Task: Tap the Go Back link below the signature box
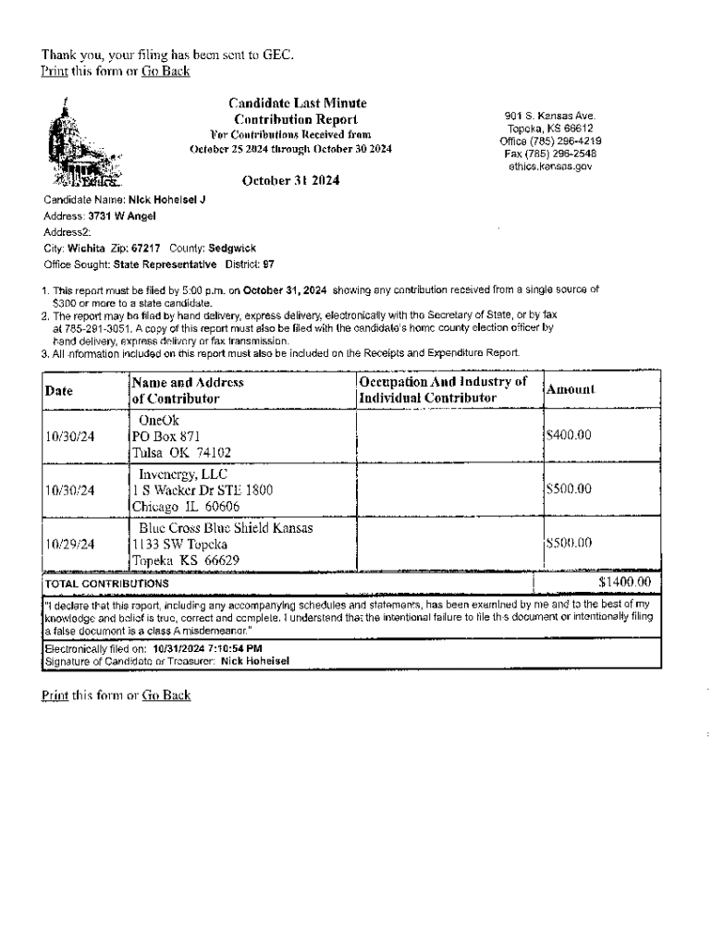tap(166, 695)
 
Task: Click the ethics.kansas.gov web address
tap(550, 167)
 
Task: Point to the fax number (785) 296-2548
tap(550, 154)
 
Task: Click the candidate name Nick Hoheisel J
tap(166, 200)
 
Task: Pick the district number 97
tap(269, 264)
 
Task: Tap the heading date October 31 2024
tap(290, 181)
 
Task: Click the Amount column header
tap(571, 390)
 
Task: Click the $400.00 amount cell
tap(569, 436)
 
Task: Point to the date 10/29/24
tap(70, 544)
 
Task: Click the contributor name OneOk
tap(159, 421)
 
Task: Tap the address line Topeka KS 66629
tap(186, 560)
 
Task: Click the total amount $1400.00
tap(624, 583)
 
